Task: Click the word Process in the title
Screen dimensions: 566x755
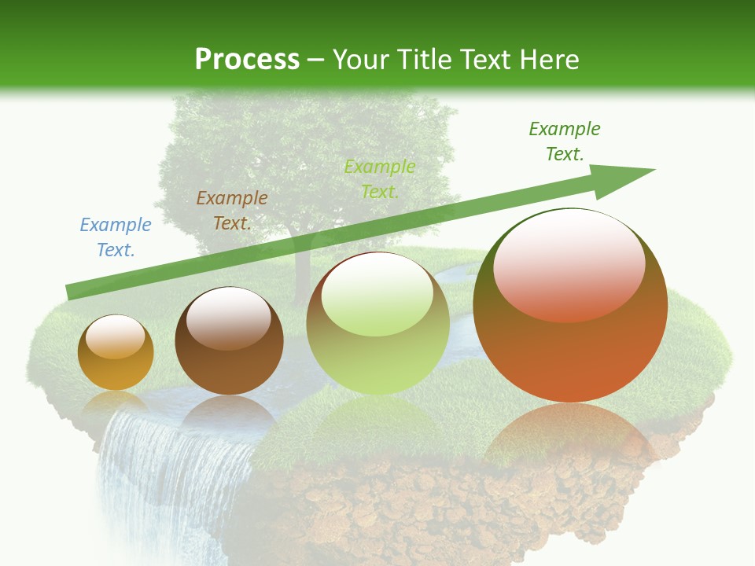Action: [247, 60]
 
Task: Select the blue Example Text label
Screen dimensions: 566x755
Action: [116, 237]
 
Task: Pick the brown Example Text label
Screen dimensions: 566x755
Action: [232, 211]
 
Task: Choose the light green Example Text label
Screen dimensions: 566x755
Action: [380, 179]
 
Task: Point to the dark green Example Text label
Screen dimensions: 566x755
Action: [565, 141]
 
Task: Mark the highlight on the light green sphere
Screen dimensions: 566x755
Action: [377, 293]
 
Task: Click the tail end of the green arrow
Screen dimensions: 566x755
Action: [72, 292]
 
